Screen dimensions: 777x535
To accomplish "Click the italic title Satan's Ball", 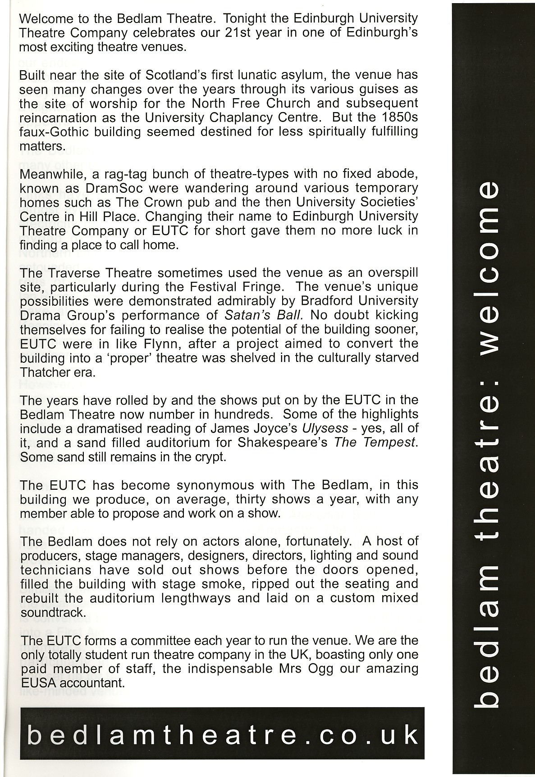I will (264, 315).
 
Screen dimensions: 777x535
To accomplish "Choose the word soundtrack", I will (52, 612).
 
